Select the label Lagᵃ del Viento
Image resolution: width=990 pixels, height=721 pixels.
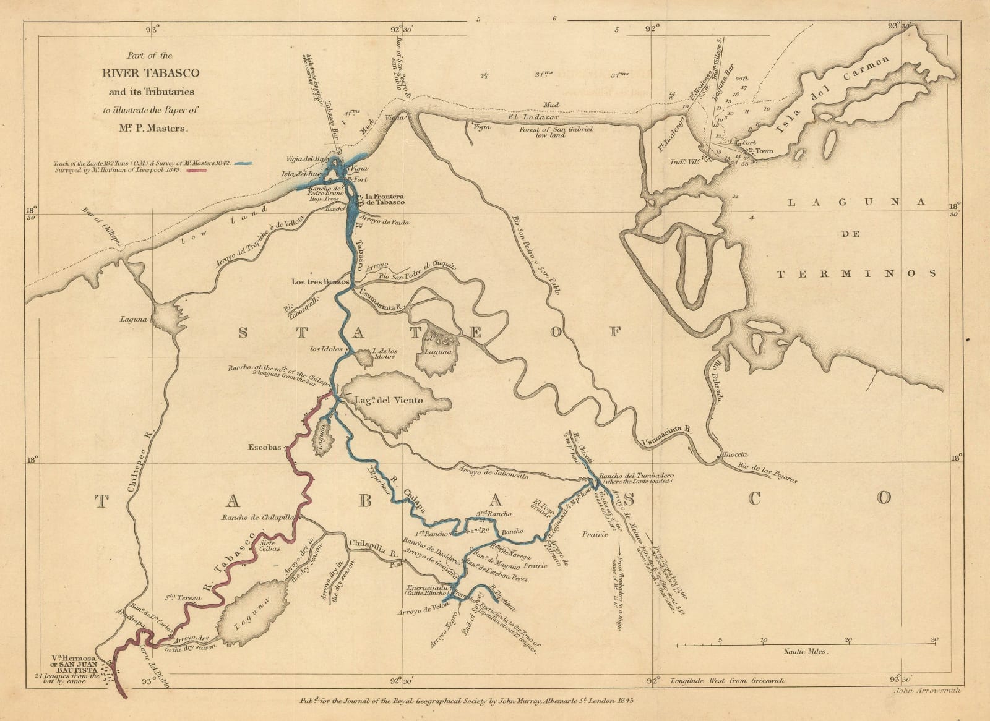click(389, 401)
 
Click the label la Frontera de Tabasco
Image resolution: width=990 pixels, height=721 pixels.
click(385, 199)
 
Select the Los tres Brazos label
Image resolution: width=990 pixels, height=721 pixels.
click(321, 281)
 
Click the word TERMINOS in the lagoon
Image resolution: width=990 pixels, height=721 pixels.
click(856, 273)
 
